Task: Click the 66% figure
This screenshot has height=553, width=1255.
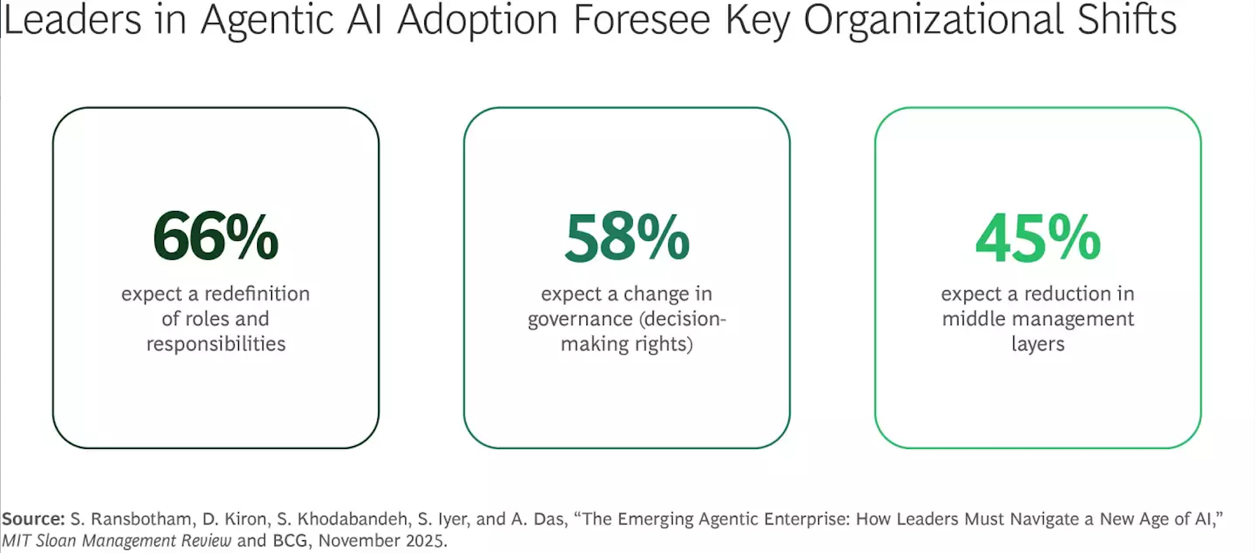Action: coord(215,237)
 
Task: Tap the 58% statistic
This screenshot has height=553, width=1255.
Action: coord(626,237)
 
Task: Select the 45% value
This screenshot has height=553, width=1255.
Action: coord(1037,237)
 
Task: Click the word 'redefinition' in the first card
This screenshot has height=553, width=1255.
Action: coord(256,294)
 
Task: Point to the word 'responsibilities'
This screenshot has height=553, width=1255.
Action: coord(215,344)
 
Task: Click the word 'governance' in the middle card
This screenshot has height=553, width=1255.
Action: coord(580,319)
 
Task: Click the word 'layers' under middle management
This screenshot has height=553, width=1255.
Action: coord(1037,344)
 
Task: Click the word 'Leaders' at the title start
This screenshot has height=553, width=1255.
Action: coord(72,20)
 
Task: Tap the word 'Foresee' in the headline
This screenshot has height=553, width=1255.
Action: coord(641,20)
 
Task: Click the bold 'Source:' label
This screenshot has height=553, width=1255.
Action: coord(33,519)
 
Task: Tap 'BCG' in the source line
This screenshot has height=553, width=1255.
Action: coord(291,541)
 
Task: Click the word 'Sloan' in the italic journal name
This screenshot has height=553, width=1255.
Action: coord(56,541)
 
